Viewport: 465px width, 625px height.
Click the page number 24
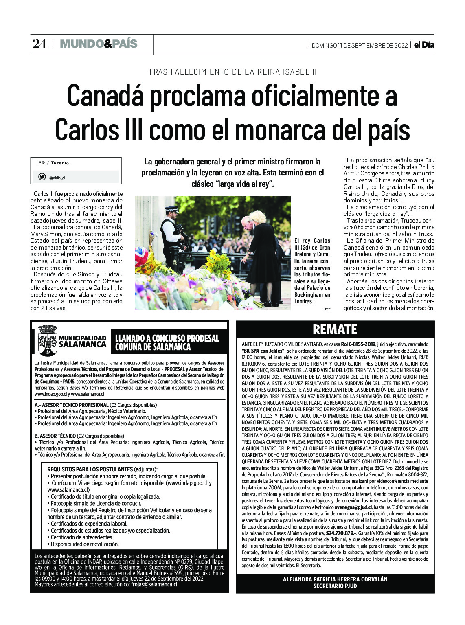(39, 44)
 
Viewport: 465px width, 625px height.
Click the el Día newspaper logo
(424, 45)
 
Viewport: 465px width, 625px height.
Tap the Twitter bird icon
(42, 177)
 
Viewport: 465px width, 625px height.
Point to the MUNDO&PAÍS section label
(99, 44)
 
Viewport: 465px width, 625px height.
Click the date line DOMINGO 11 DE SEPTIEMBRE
(359, 45)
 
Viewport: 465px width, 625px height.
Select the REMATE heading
(335, 329)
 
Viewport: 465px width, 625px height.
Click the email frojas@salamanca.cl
(154, 584)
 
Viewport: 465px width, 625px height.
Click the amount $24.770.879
(341, 533)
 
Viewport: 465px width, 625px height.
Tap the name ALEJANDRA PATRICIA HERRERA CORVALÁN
(335, 579)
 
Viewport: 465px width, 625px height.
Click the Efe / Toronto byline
(53, 163)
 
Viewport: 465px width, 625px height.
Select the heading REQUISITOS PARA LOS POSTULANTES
(90, 469)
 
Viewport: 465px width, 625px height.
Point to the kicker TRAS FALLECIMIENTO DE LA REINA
(232, 72)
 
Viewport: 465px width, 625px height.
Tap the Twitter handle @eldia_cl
(57, 178)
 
